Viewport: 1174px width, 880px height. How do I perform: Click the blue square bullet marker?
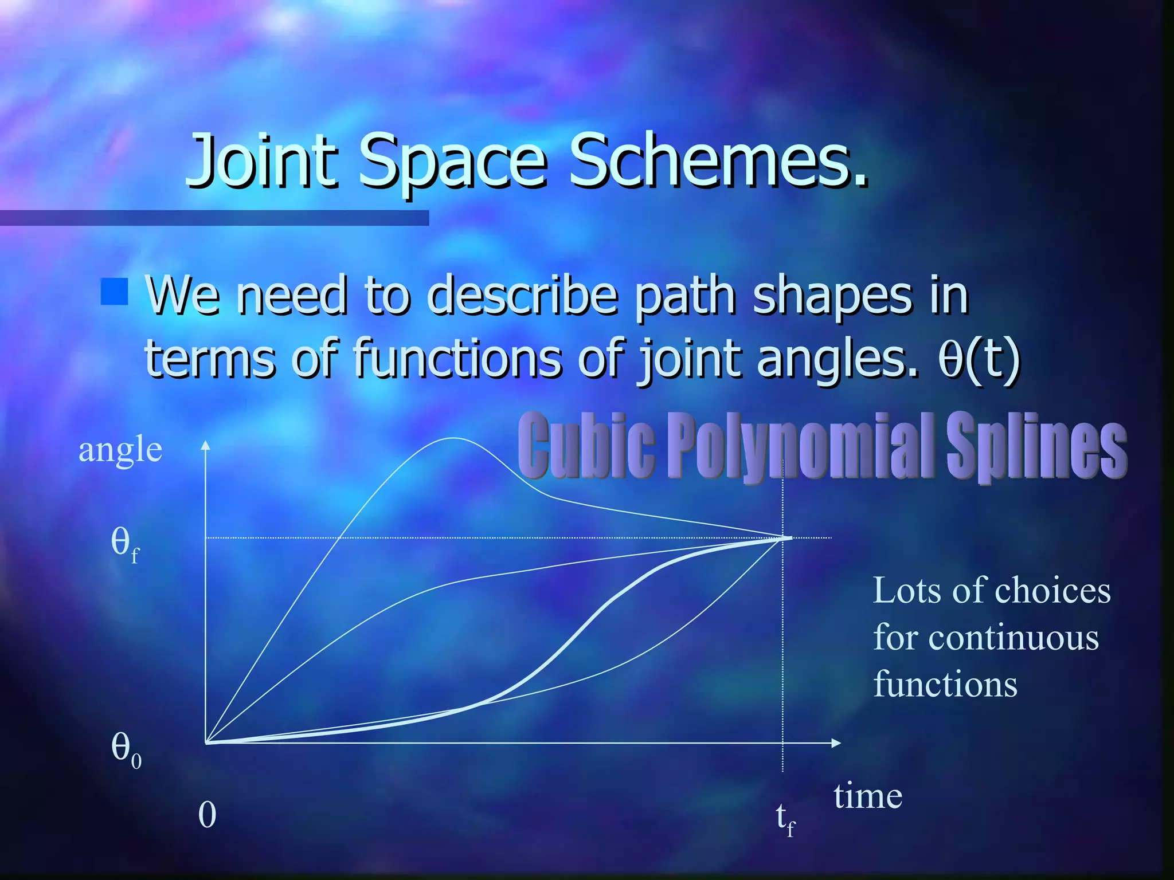pos(114,292)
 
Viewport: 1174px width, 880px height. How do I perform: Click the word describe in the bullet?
pos(522,296)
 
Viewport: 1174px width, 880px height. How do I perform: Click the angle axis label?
pos(120,449)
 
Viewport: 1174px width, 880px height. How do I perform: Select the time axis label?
pos(867,796)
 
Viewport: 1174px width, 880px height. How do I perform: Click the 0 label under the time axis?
pos(207,814)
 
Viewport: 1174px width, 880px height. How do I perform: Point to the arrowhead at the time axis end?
pos(836,743)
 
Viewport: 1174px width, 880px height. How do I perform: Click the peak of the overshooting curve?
pos(453,438)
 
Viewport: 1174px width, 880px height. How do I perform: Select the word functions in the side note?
pos(945,684)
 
